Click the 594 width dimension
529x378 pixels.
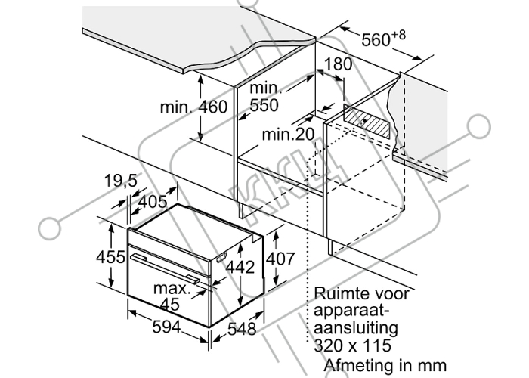[166, 327]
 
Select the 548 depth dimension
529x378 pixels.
[242, 329]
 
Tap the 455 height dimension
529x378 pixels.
[110, 257]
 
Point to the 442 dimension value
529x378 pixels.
[240, 268]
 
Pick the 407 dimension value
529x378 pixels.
[280, 259]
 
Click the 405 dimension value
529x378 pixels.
[153, 202]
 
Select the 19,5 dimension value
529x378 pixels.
[121, 181]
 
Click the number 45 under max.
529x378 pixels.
[170, 305]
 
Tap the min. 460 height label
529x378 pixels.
[193, 107]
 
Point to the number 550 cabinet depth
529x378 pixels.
[264, 105]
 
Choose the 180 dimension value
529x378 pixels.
[337, 64]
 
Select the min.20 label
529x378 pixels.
[288, 135]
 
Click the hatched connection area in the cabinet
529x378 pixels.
[367, 121]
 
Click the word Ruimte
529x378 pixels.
[337, 293]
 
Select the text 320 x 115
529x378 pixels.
[353, 345]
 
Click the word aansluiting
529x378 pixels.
[356, 328]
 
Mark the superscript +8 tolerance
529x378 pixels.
[398, 35]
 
